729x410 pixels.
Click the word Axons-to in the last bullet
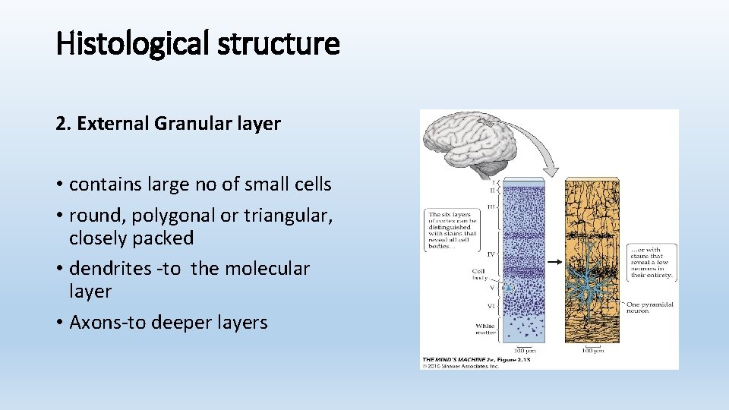107,323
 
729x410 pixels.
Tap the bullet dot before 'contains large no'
59,185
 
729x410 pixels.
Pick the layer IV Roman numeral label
491,254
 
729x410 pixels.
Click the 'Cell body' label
480,274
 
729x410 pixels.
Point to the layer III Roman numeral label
491,206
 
